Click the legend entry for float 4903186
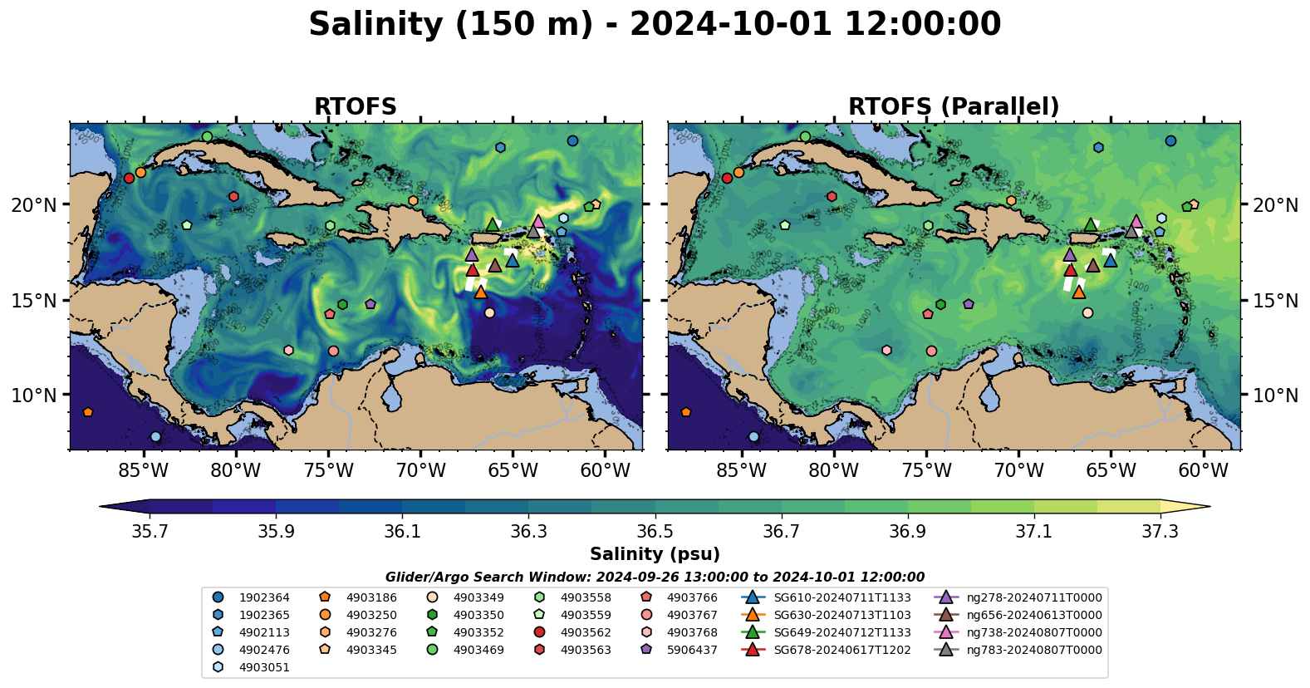[x=370, y=597]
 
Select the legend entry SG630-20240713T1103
[x=841, y=615]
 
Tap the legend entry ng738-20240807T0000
[x=1033, y=632]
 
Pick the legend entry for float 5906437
[x=692, y=650]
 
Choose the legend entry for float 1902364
[x=264, y=597]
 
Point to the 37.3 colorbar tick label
[x=1160, y=532]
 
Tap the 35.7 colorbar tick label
[x=150, y=532]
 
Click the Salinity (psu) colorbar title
[x=655, y=554]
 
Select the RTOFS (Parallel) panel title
[x=954, y=107]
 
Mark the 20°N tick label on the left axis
[x=34, y=205]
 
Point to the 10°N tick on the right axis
[x=1275, y=396]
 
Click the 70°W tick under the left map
[x=420, y=470]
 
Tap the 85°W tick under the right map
[x=741, y=470]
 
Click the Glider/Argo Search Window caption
[x=655, y=577]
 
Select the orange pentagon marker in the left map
[x=88, y=412]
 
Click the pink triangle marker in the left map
[x=538, y=222]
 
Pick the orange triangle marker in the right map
[x=1078, y=292]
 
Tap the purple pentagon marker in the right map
[x=969, y=304]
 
